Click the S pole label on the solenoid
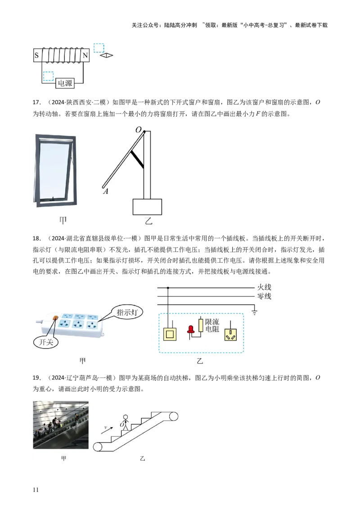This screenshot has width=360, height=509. pos(36,56)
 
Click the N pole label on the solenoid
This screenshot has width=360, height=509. pos(85,56)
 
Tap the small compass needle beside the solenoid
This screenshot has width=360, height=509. pos(107,56)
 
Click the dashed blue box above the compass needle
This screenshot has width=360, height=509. pos(99,48)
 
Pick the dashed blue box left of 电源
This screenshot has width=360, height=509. pos(48,76)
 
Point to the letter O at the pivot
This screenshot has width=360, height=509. pos(139,129)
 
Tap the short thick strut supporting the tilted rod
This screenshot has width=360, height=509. pos(137,160)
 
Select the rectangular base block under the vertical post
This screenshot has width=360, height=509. pos(147,206)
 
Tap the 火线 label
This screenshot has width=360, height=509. pos(264,287)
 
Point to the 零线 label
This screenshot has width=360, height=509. pos(264,296)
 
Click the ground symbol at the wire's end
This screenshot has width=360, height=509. pos(255,312)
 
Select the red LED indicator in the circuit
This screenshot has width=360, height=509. pos(191,328)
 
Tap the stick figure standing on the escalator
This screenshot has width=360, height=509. pos(126,422)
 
